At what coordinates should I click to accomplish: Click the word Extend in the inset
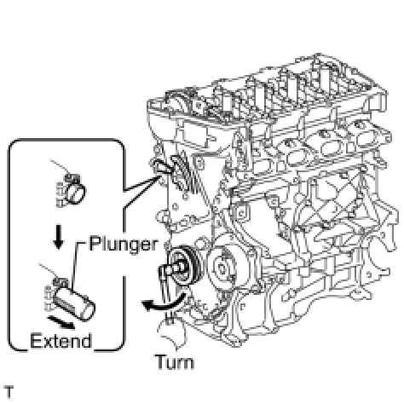61,341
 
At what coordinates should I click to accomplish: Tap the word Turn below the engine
175,362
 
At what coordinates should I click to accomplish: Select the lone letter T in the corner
9,392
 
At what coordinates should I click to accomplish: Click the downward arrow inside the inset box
59,237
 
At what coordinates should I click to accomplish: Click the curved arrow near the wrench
164,303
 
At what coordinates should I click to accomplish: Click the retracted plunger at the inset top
75,193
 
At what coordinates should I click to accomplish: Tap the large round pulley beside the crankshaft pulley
224,266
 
